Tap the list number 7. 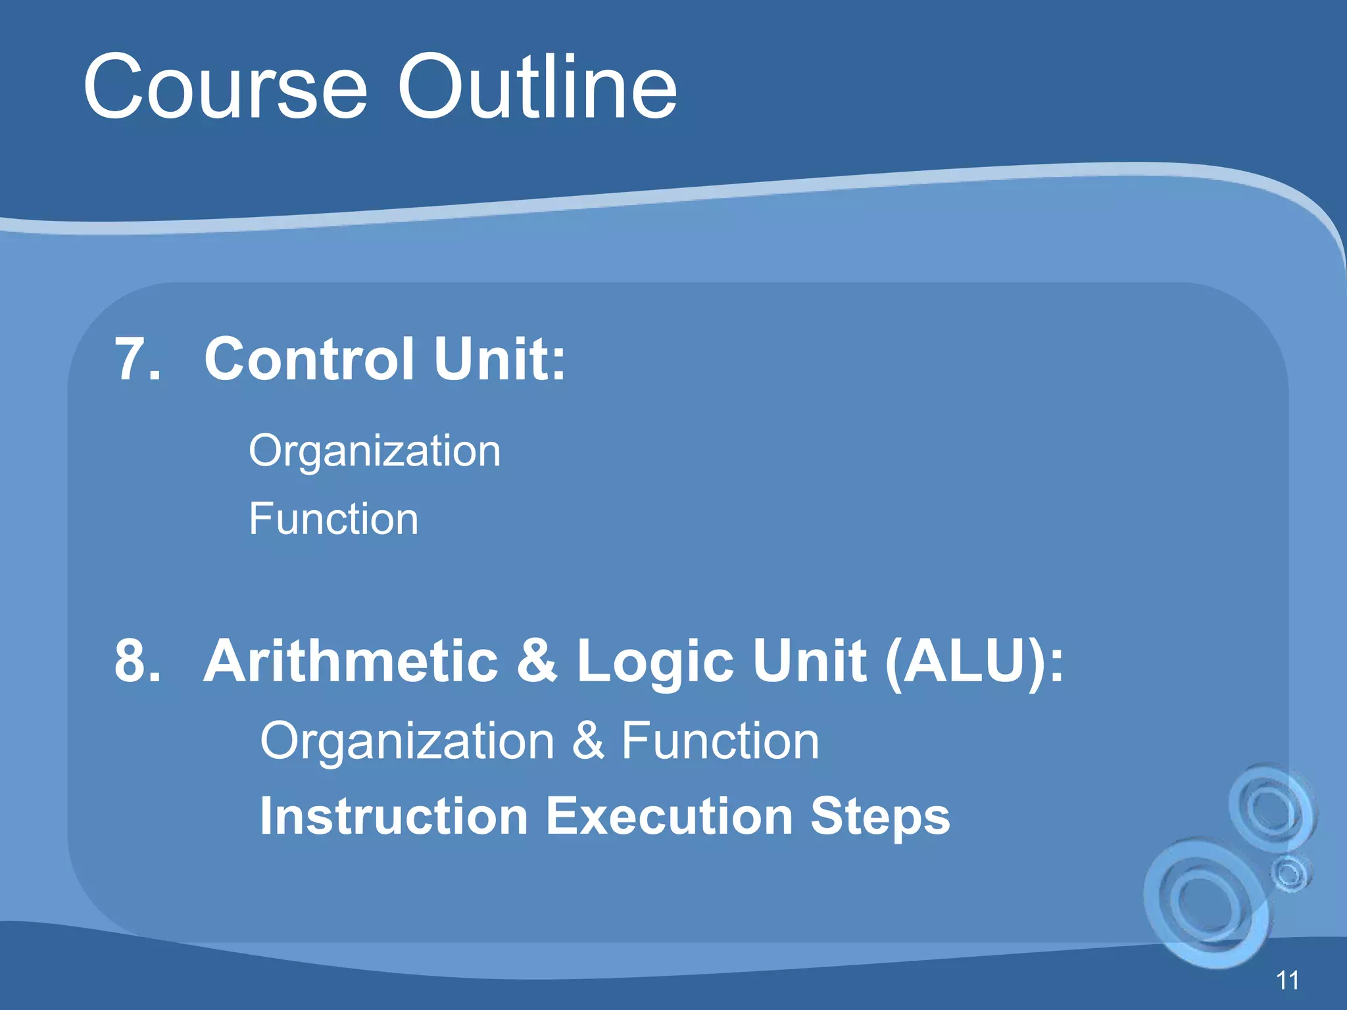tap(137, 359)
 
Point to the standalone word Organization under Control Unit tap(374, 452)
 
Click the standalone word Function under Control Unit tap(333, 519)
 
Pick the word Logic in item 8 tap(654, 661)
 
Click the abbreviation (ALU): tap(974, 661)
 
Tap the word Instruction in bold tap(394, 816)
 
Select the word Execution tap(670, 816)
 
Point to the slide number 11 tap(1287, 980)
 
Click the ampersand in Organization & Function tap(587, 741)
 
